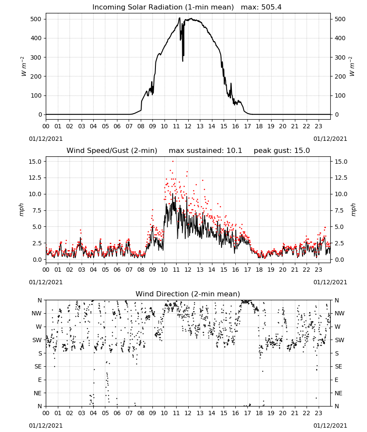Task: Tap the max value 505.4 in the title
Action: tap(272, 7)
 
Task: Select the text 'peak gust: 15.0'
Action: tap(282, 150)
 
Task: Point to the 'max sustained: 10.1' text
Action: tap(206, 150)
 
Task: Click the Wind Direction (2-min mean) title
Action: tap(188, 294)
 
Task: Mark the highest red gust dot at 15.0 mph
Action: tap(173, 161)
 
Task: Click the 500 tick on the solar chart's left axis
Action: tap(36, 19)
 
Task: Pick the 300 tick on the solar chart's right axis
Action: tap(340, 57)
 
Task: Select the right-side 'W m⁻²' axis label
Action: tap(352, 67)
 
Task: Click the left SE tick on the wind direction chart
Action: tap(38, 366)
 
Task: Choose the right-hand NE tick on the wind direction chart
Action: tap(339, 393)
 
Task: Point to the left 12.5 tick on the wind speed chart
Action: tap(35, 178)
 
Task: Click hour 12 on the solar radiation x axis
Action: tap(188, 126)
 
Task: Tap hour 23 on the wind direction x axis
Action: tap(319, 413)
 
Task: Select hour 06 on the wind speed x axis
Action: tap(117, 270)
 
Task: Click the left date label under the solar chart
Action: tap(46, 139)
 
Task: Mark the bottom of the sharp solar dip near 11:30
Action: tap(183, 61)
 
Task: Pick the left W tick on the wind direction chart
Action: tap(39, 327)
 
